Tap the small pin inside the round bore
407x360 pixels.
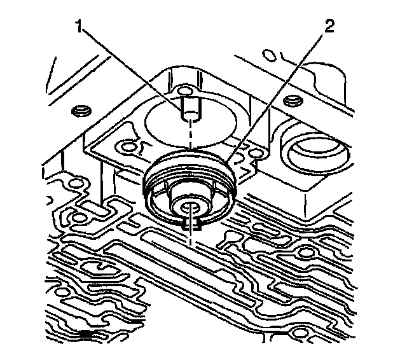point(190,108)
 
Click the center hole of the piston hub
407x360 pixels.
point(191,207)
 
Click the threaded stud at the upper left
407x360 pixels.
point(80,113)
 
